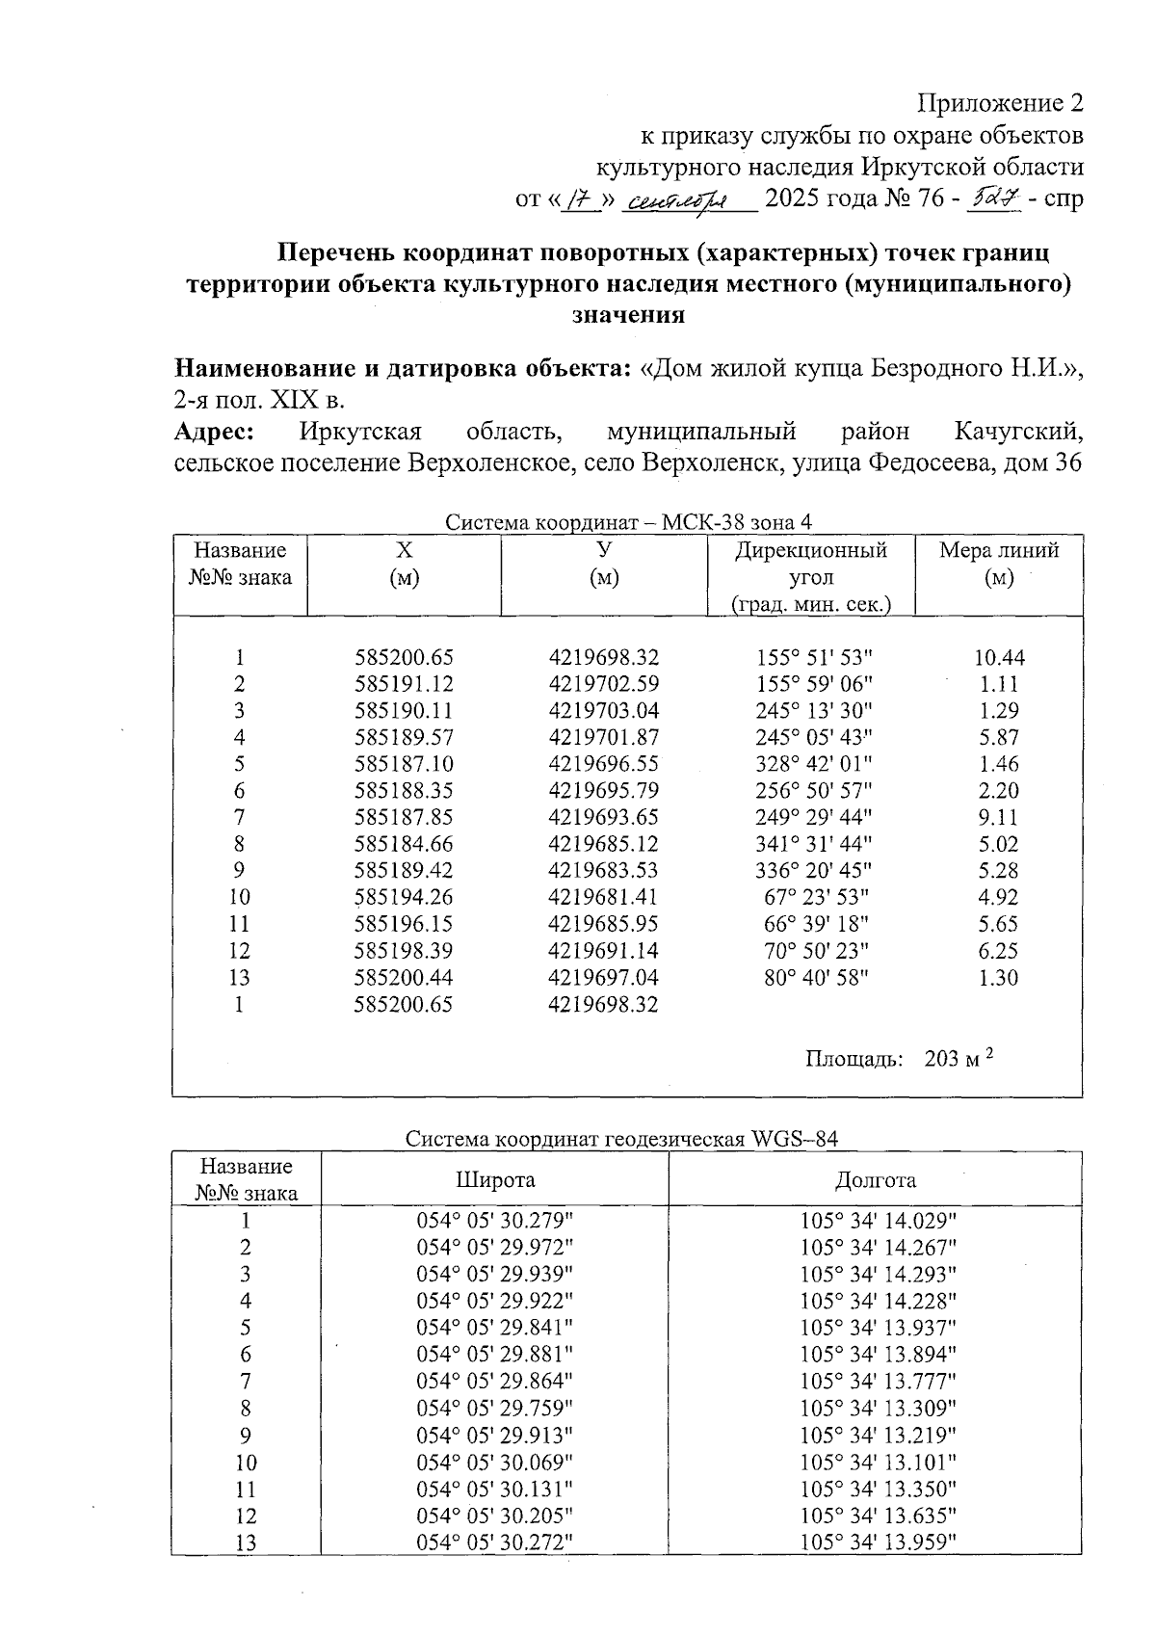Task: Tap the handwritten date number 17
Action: [x=579, y=199]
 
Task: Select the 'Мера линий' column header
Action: [x=999, y=551]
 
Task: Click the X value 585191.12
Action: [x=404, y=684]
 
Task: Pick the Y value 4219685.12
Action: [x=604, y=844]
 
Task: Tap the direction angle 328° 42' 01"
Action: [x=814, y=764]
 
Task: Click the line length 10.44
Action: [x=999, y=658]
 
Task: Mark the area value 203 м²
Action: [x=958, y=1059]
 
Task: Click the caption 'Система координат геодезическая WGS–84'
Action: [x=621, y=1139]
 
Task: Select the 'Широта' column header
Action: [x=495, y=1180]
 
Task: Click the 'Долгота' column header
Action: [x=875, y=1180]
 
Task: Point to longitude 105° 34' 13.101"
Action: [x=878, y=1462]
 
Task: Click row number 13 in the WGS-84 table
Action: [x=246, y=1543]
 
